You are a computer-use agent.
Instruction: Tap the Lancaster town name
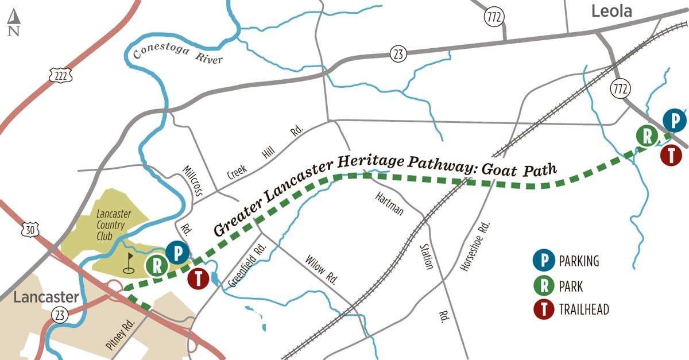(x=45, y=297)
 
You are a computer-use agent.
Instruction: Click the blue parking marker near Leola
(x=675, y=121)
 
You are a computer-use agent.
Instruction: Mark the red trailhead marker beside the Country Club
(x=199, y=279)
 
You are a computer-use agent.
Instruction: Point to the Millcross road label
(x=192, y=181)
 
